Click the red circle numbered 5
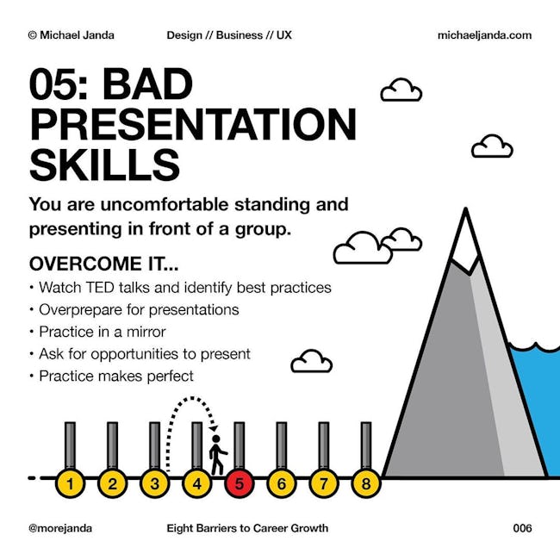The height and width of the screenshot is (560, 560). click(240, 483)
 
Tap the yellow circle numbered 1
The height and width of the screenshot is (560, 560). click(70, 483)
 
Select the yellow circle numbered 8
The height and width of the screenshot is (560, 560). click(366, 483)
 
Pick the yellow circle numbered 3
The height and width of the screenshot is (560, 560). click(154, 483)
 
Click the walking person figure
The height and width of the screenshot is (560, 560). click(217, 454)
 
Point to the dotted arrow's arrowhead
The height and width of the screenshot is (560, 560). click(214, 428)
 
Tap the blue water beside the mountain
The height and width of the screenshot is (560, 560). click(537, 408)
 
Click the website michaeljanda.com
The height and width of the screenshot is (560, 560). click(484, 35)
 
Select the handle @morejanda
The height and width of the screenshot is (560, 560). click(60, 528)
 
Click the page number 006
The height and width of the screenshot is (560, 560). click(522, 528)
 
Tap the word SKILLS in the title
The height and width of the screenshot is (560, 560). click(104, 165)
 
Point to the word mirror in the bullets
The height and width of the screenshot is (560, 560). click(146, 332)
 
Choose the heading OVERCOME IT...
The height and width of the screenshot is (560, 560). click(103, 264)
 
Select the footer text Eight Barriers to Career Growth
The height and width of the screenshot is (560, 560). click(247, 528)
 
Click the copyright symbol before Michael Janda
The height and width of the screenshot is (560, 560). click(33, 35)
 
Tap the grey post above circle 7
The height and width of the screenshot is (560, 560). click(324, 445)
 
